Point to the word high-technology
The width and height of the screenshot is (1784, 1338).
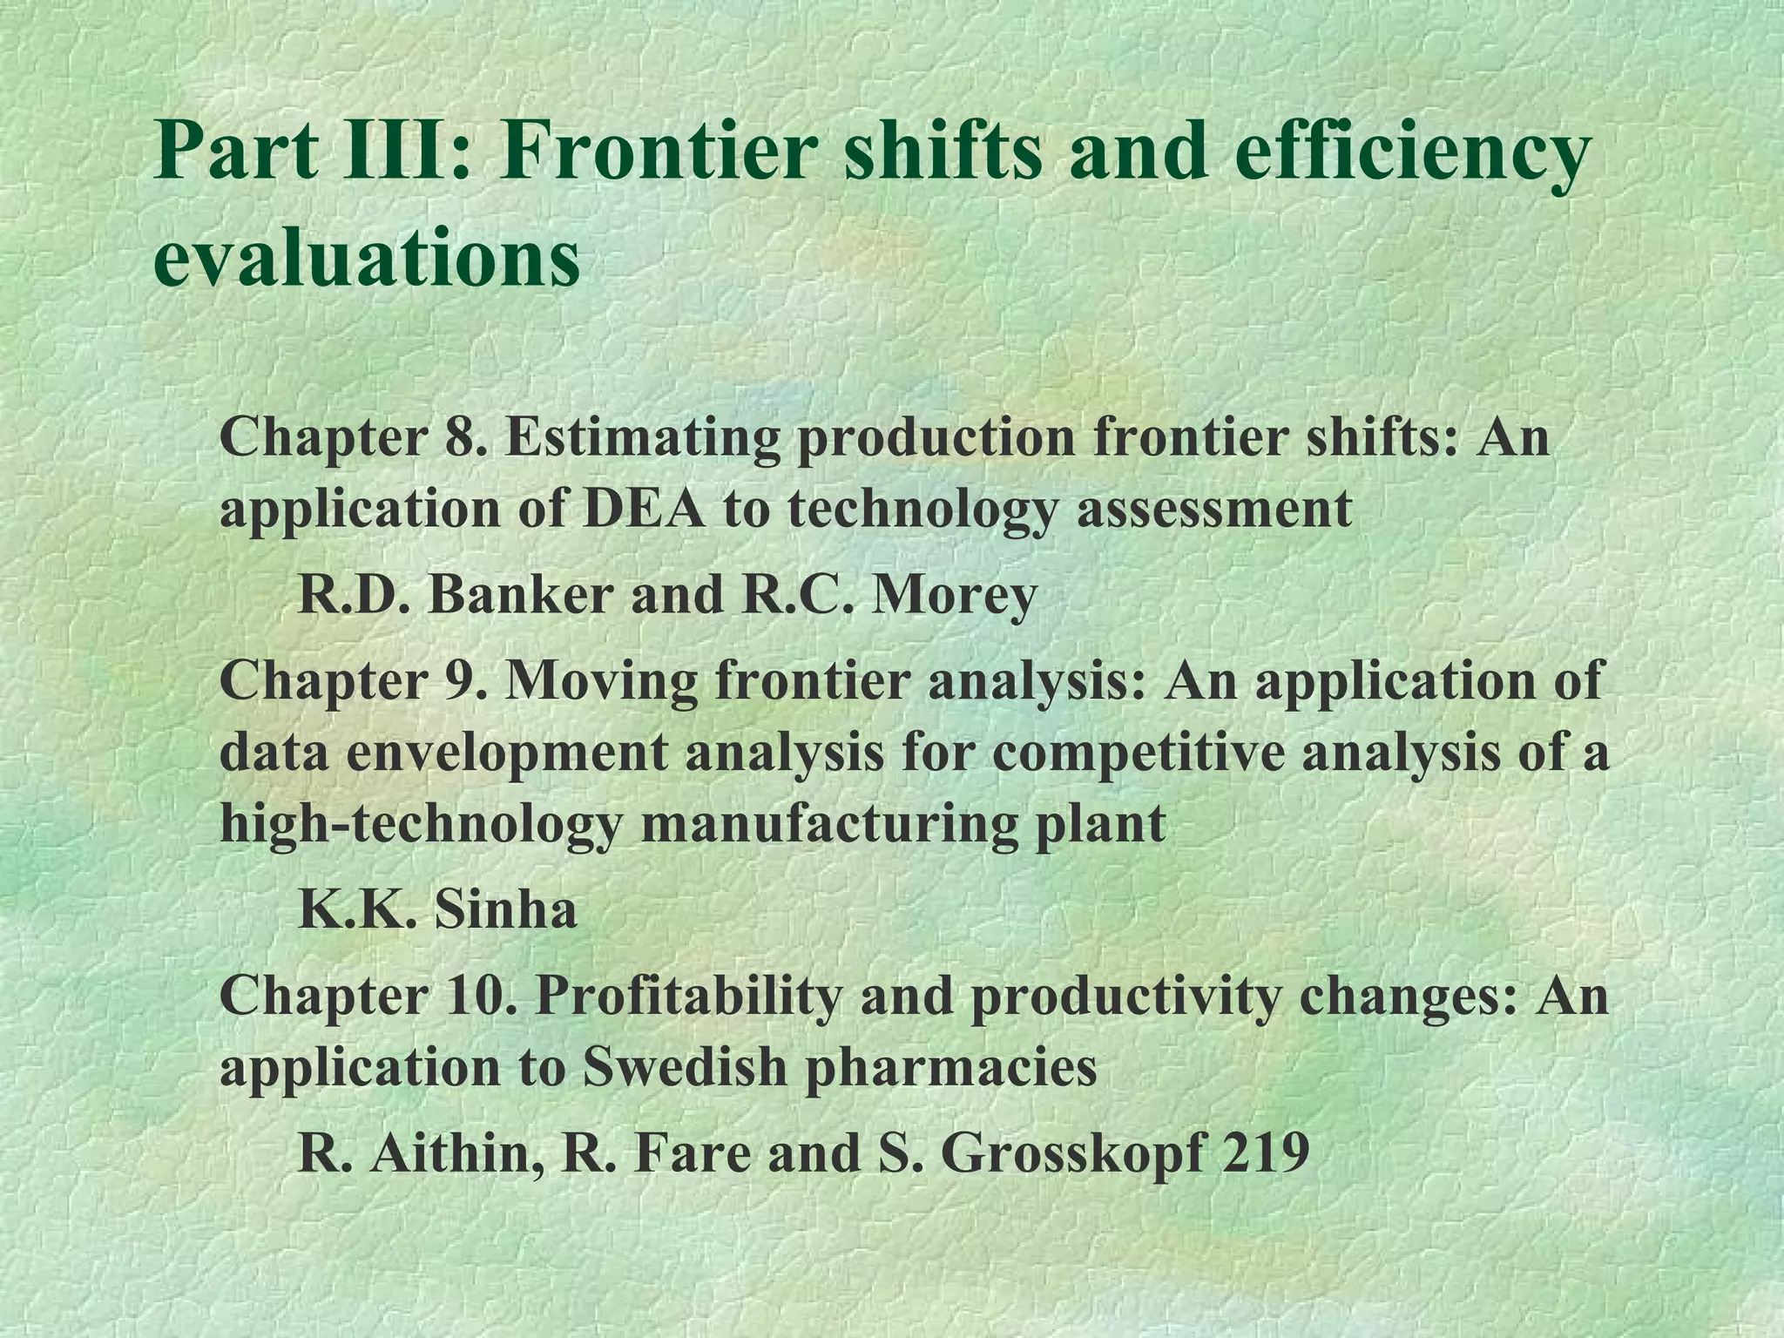[421, 824]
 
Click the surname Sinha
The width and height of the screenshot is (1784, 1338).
[504, 910]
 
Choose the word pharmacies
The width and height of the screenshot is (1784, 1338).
[949, 1068]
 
